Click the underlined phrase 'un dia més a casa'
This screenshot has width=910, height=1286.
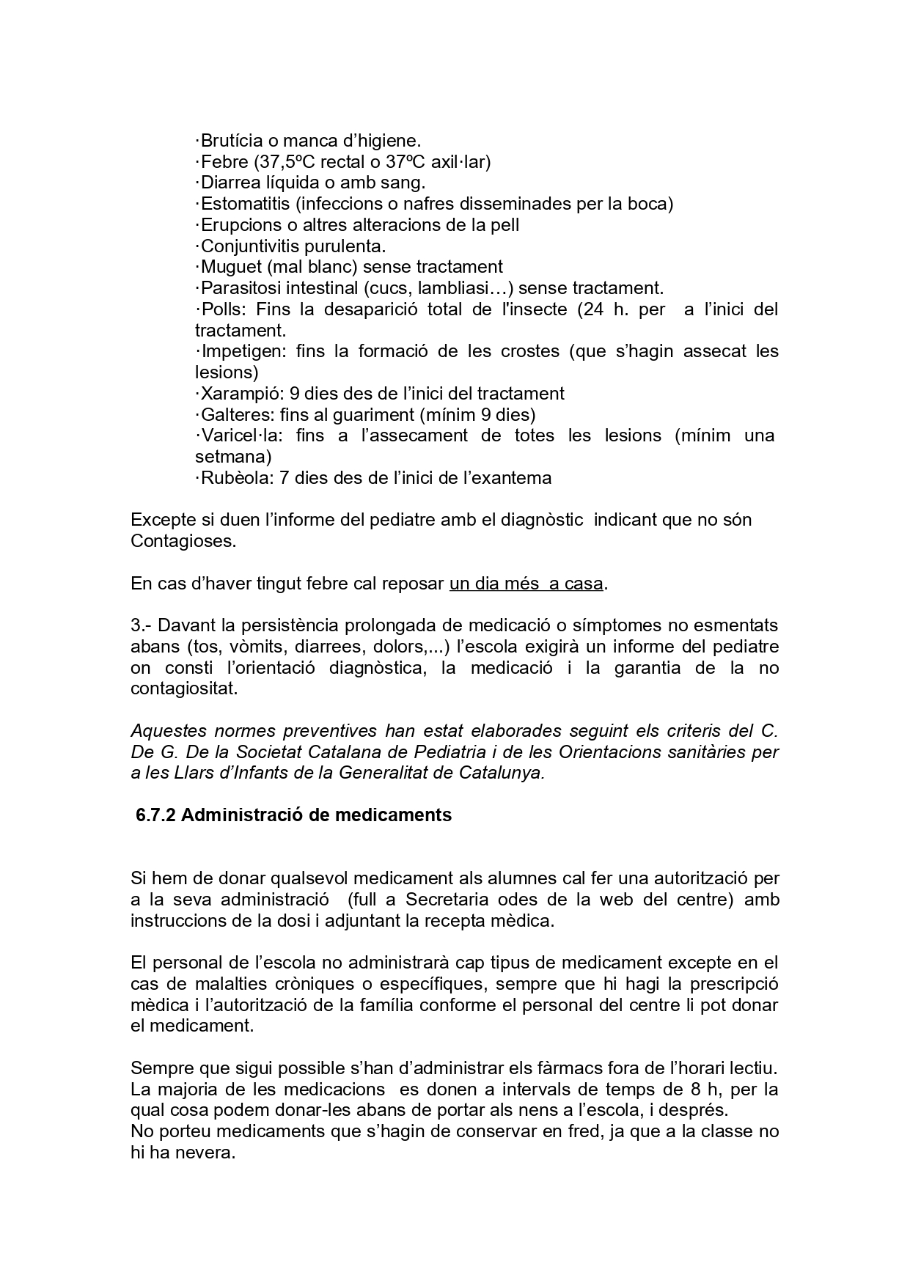[526, 584]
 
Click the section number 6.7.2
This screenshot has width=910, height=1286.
[155, 815]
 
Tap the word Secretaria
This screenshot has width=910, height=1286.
[450, 900]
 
